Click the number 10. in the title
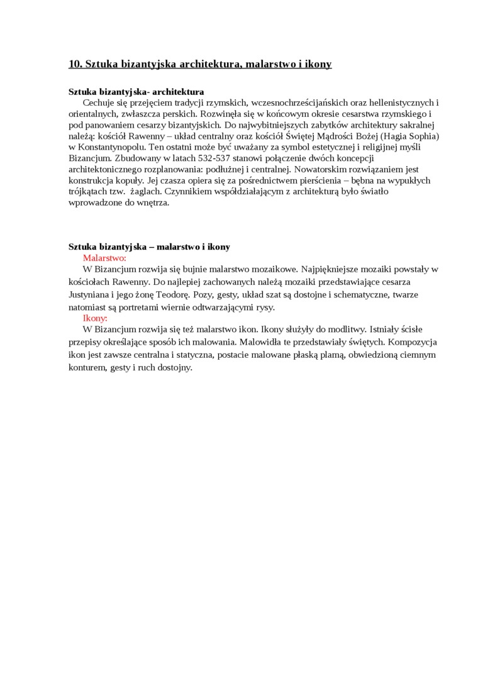[75, 64]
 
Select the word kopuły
[129, 180]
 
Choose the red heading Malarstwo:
[104, 258]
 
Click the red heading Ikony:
[95, 318]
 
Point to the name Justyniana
[90, 294]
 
